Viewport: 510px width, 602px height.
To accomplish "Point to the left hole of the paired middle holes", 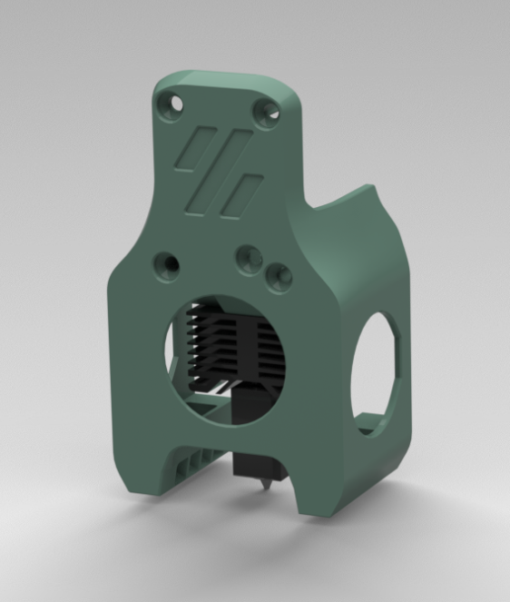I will [x=250, y=259].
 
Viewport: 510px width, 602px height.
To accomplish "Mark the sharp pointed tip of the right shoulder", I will [x=371, y=187].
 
